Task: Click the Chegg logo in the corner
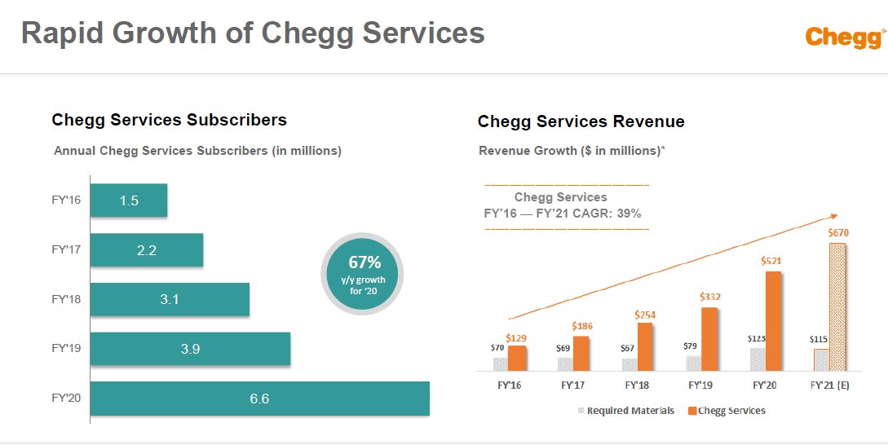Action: tap(845, 37)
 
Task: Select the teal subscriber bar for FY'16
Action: tap(129, 200)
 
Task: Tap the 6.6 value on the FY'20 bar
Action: tap(259, 399)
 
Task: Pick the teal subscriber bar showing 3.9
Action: tap(190, 349)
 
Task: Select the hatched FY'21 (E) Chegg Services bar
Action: tap(837, 307)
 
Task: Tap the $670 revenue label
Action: tap(838, 233)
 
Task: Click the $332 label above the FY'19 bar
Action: tap(709, 297)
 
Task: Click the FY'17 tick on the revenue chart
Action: tap(573, 385)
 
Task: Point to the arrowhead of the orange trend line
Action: tap(834, 216)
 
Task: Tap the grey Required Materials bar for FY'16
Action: tap(500, 364)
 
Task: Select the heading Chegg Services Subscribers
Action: tap(169, 120)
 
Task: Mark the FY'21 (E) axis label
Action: tap(830, 385)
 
